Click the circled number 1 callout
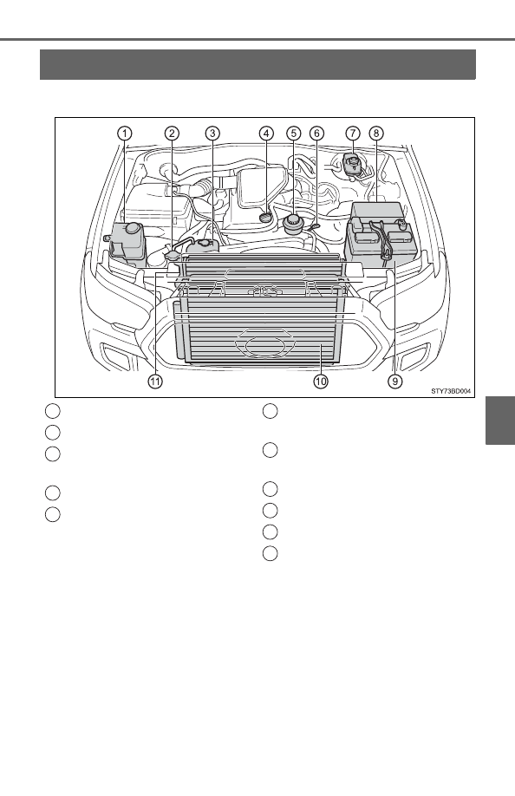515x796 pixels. coord(124,134)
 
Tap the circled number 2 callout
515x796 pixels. coord(172,134)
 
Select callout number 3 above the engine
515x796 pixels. coord(212,134)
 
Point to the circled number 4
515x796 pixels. coord(266,134)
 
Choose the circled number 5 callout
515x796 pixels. coord(294,134)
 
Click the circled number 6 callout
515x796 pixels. coord(316,134)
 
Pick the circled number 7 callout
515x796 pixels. coord(353,134)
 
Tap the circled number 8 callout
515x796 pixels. coord(376,134)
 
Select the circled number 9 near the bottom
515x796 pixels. coord(395,382)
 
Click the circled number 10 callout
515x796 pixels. coord(321,382)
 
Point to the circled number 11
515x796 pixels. coord(155,382)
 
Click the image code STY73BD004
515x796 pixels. coord(451,391)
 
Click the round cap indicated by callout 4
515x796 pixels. coord(265,217)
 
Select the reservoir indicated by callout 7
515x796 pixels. coord(350,166)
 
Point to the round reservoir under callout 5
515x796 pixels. coord(293,224)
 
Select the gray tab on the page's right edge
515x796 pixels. coord(500,421)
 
